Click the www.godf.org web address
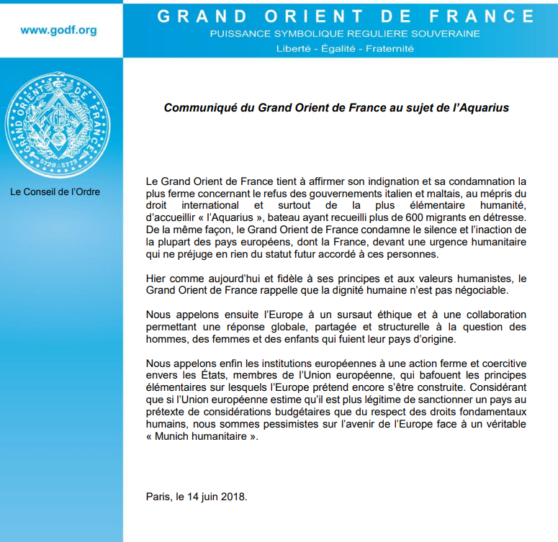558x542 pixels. (58, 30)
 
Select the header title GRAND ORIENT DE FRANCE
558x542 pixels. (346, 16)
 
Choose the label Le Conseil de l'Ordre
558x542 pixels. (55, 192)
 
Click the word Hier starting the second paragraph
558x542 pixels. (156, 278)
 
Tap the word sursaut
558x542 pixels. (329, 315)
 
